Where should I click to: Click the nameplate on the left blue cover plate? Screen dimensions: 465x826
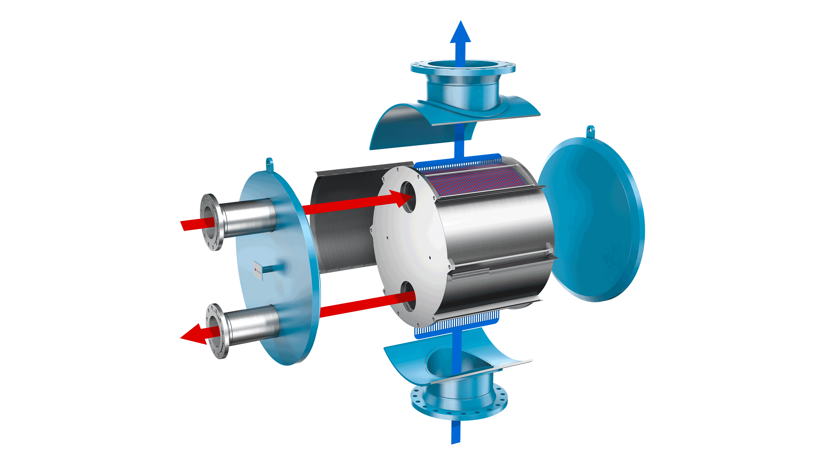[x=258, y=270]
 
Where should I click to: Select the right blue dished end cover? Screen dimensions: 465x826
[x=593, y=221]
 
